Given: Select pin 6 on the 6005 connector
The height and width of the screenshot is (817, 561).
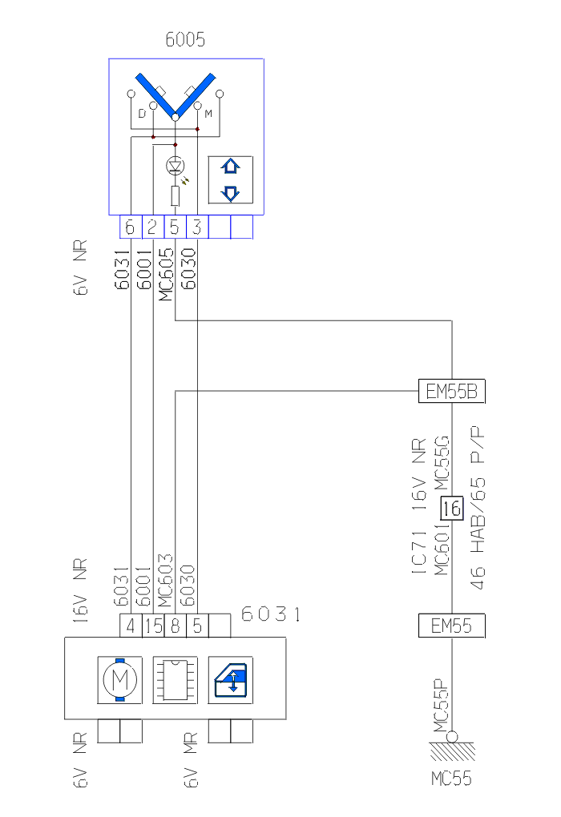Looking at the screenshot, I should [x=130, y=227].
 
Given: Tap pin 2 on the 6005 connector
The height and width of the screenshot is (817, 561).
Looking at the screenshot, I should [x=152, y=227].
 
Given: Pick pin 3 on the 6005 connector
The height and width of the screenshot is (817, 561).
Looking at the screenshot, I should [x=197, y=227].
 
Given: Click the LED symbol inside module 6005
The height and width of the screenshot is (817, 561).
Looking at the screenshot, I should [x=175, y=166].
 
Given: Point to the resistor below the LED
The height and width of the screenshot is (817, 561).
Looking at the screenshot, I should [x=175, y=195].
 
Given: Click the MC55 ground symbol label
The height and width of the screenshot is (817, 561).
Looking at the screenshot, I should [x=451, y=778].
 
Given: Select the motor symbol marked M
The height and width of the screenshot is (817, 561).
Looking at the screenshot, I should [x=119, y=681].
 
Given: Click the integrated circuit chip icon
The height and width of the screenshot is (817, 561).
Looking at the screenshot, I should [x=175, y=681].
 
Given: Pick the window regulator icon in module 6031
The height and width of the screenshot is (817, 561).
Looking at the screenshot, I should [x=230, y=681].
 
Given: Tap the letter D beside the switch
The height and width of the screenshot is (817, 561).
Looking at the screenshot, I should [x=142, y=114].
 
